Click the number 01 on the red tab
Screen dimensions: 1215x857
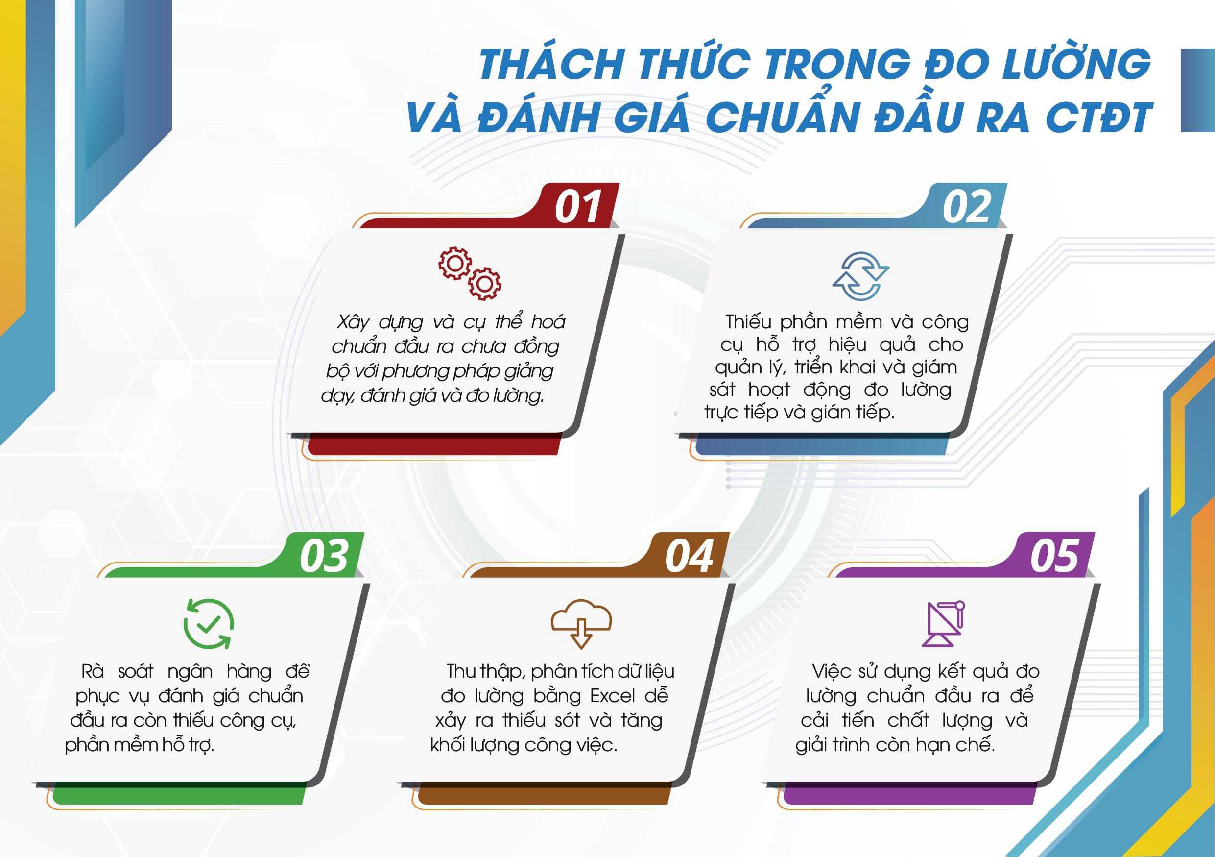(578, 207)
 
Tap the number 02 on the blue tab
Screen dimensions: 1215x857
(966, 207)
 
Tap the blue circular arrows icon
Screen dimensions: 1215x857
(861, 276)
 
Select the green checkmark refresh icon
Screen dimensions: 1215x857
(209, 624)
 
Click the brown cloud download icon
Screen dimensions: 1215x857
(581, 624)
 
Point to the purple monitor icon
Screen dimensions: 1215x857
(944, 624)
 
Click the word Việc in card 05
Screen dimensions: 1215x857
(832, 671)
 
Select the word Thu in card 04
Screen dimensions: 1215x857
(460, 671)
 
